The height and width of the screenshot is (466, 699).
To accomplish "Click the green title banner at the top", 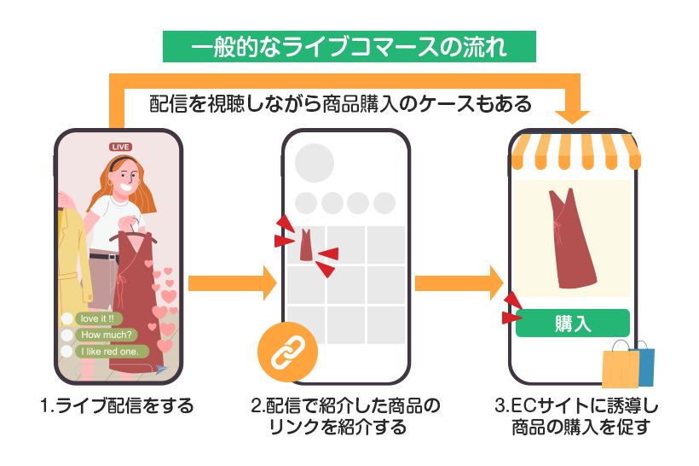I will (349, 46).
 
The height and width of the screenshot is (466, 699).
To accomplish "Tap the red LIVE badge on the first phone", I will (120, 147).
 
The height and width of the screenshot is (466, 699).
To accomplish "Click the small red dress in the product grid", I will (306, 245).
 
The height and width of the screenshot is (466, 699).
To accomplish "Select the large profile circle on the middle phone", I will (314, 164).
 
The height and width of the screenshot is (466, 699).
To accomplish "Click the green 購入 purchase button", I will (573, 323).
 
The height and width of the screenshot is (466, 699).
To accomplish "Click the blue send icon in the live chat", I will (160, 369).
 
